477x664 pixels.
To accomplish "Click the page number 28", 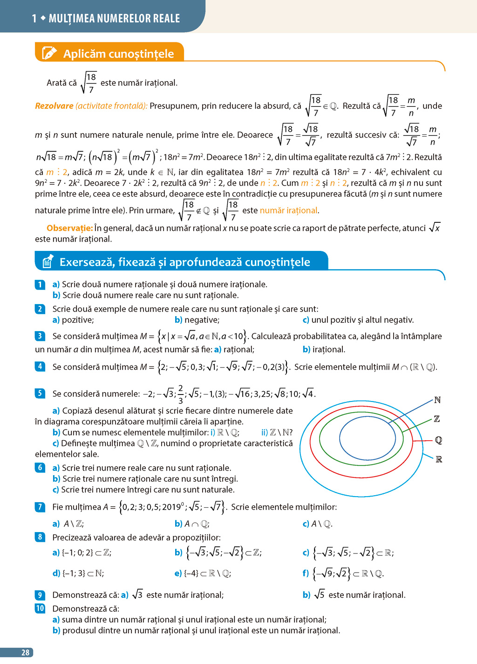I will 25,652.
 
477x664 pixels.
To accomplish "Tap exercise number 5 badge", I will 40,393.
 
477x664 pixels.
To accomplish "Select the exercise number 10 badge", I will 40,608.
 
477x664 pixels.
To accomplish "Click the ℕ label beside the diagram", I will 437,400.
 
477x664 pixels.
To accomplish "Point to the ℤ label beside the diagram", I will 437,419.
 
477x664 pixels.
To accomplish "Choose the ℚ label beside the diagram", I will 438,440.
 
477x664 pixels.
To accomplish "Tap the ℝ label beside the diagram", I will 439,460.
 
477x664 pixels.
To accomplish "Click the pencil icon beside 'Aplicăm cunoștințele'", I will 49,53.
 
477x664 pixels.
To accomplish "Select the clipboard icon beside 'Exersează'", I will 47,262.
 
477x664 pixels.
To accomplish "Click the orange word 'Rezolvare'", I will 54,106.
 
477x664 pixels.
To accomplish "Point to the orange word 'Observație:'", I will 69,228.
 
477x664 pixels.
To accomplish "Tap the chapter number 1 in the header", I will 34,19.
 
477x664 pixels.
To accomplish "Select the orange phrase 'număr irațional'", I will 289,210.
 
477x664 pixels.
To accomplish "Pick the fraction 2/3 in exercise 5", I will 181,394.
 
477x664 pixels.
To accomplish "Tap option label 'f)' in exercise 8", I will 306,573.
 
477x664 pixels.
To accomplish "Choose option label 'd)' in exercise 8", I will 56,573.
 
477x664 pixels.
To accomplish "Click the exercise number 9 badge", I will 40,595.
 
